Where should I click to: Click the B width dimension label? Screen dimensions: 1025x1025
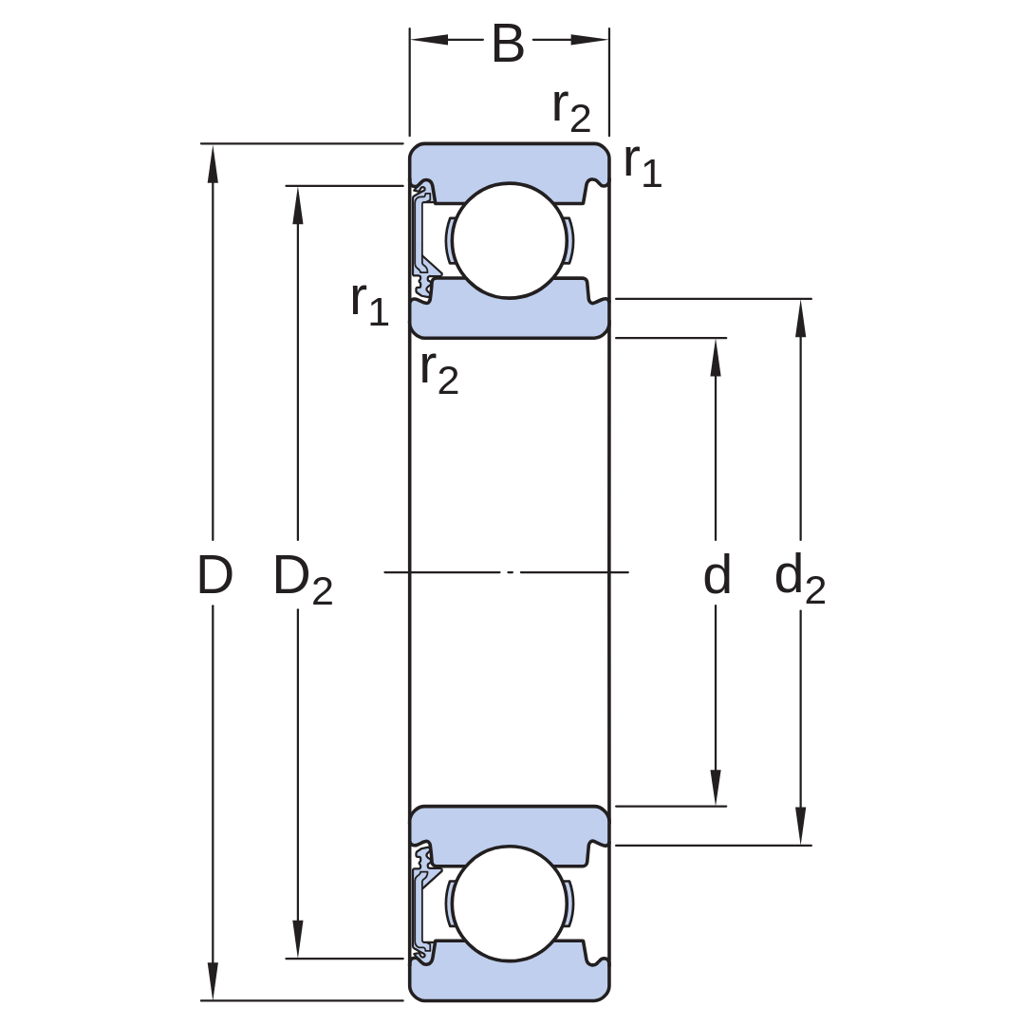tap(508, 43)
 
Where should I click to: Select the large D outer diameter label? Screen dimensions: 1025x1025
tap(214, 575)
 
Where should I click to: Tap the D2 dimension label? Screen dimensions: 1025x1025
tap(303, 579)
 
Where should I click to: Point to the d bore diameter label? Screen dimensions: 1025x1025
tap(717, 574)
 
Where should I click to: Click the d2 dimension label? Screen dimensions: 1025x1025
tap(799, 577)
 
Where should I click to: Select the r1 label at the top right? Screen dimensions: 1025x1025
tap(643, 165)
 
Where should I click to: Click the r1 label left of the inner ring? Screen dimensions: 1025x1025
tap(369, 304)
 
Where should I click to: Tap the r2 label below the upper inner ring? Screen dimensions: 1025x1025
tap(439, 373)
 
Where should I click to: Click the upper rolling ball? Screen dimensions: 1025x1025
tap(510, 240)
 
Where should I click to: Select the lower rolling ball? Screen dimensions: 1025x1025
tap(510, 904)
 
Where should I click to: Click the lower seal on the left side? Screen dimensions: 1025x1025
tap(423, 903)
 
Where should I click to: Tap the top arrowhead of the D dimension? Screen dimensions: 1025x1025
tap(213, 163)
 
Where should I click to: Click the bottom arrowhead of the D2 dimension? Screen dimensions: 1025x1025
tap(298, 939)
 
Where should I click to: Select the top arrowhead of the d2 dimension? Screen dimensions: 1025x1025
tap(801, 318)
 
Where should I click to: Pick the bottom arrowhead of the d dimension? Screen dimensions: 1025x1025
tap(716, 787)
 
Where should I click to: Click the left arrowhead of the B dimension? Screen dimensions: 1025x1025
tap(430, 39)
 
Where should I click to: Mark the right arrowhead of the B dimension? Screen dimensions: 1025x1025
tap(589, 39)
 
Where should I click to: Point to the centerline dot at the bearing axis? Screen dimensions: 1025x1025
tap(510, 572)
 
